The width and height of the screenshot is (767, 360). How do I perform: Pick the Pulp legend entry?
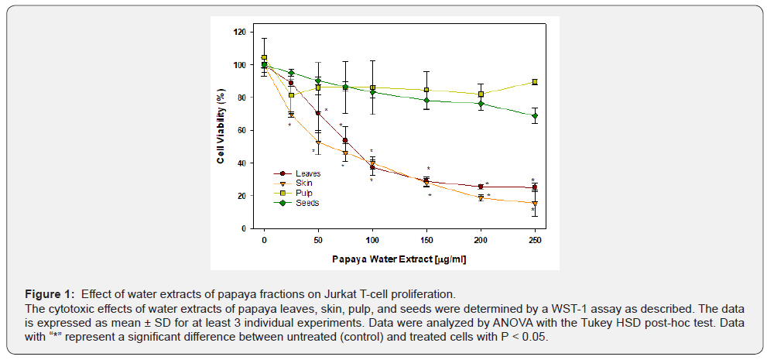(x=304, y=194)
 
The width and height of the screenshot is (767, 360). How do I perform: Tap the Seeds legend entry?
(x=306, y=203)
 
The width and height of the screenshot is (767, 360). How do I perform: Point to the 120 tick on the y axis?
(x=240, y=33)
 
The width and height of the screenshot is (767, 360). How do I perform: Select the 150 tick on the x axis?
(x=426, y=240)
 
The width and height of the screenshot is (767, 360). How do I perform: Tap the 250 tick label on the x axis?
(x=534, y=240)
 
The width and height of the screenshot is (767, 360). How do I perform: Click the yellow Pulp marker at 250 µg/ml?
(x=534, y=82)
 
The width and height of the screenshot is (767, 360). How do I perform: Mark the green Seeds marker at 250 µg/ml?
(x=534, y=116)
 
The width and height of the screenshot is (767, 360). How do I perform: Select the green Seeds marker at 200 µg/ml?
(x=481, y=104)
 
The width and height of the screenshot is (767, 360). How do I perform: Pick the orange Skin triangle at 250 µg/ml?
(x=534, y=204)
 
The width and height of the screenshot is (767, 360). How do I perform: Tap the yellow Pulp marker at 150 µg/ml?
(x=426, y=91)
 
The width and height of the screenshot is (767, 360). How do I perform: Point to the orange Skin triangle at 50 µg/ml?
(x=318, y=142)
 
